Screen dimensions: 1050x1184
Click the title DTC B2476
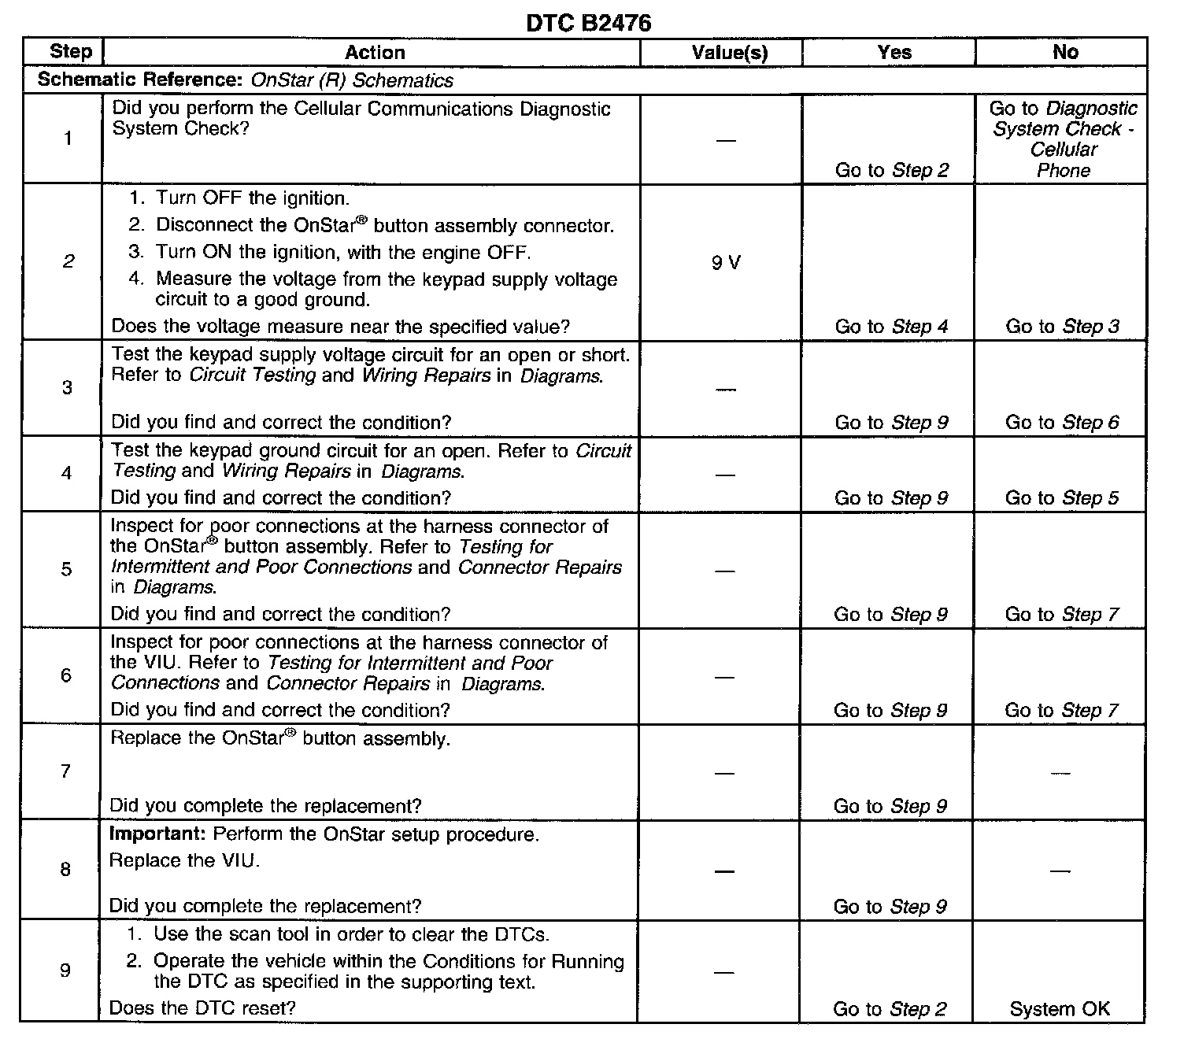click(x=588, y=24)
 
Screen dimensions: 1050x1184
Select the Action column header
click(x=375, y=53)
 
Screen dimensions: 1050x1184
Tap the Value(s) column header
click(x=729, y=53)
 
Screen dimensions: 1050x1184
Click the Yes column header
click(x=894, y=53)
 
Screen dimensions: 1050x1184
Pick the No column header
click(x=1065, y=52)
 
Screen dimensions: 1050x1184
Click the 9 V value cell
click(x=726, y=263)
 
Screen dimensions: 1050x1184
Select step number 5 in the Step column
click(x=67, y=569)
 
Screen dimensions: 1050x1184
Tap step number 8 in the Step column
click(x=65, y=869)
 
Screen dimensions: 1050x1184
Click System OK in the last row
click(x=1060, y=1009)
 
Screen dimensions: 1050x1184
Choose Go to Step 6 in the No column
click(x=1062, y=423)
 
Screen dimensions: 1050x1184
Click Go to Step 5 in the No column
click(x=1062, y=498)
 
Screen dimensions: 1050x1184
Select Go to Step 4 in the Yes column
click(x=892, y=327)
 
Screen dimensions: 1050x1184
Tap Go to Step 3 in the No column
click(x=1062, y=327)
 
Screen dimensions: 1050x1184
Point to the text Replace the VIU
click(x=184, y=860)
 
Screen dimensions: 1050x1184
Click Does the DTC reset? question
click(x=202, y=1008)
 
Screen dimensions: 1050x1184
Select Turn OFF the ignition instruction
click(x=251, y=198)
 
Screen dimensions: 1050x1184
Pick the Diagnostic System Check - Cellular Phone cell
click(x=1063, y=139)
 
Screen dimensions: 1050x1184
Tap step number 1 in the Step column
click(x=68, y=139)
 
